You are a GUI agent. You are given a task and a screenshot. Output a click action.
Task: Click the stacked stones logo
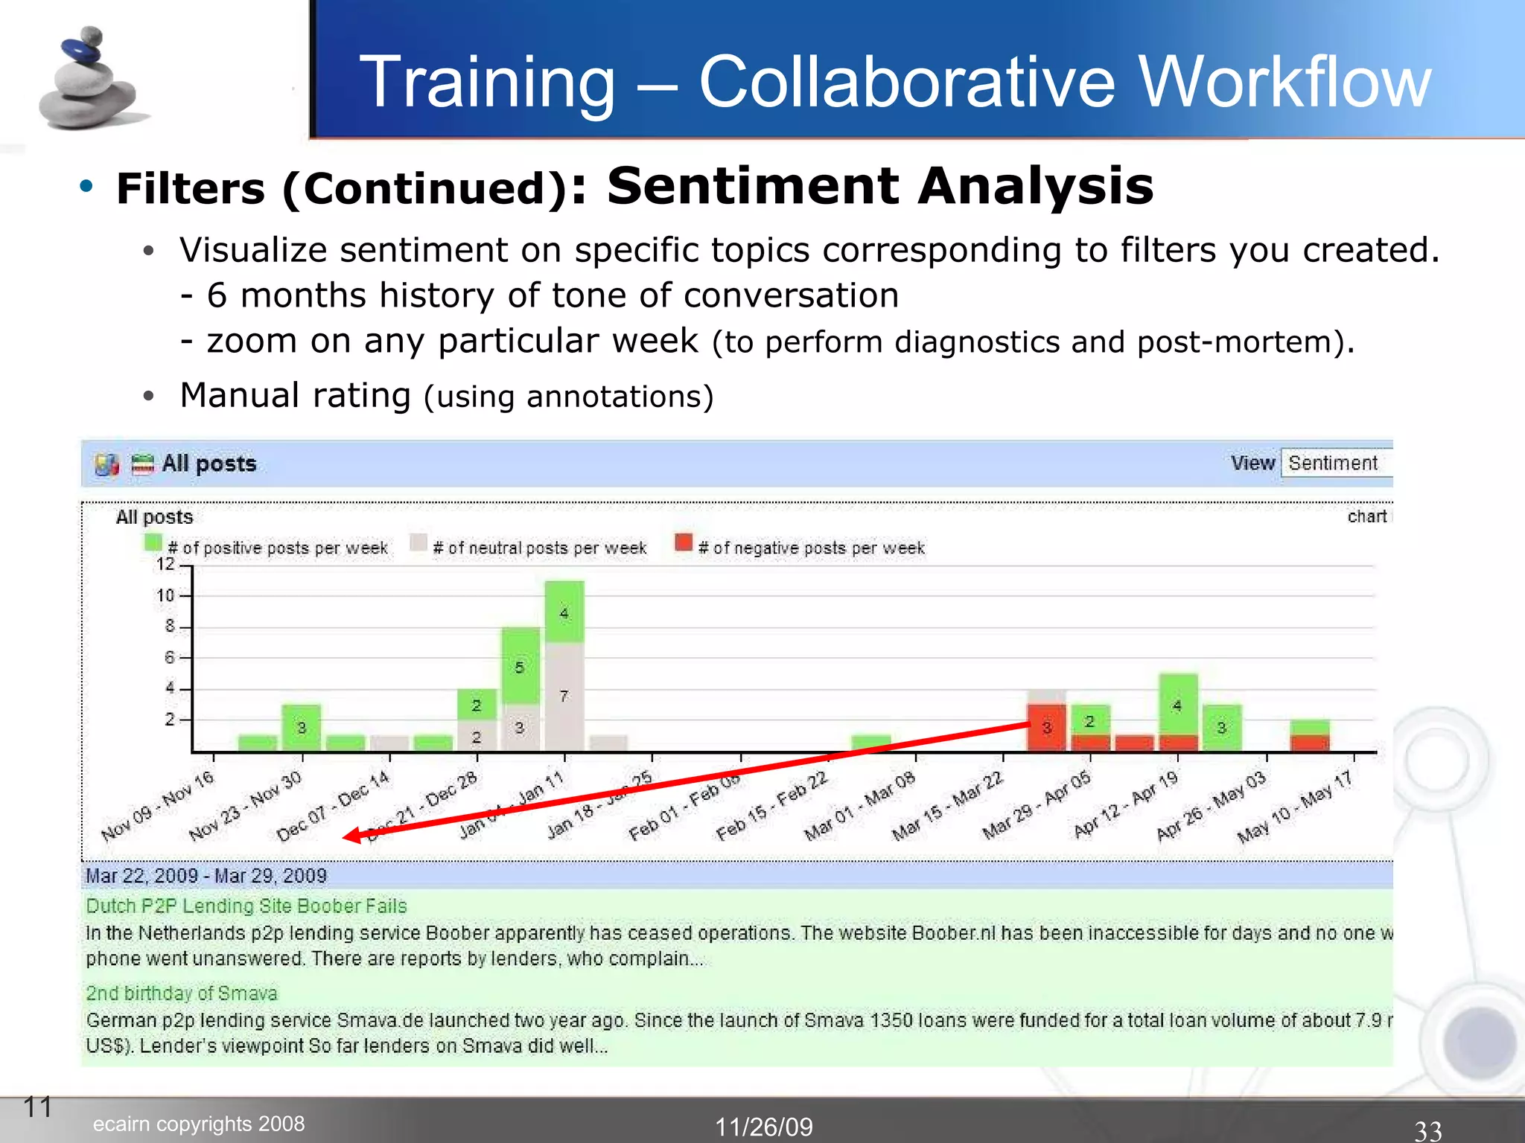(x=89, y=80)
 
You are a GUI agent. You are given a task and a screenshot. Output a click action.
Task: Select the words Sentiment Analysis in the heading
(x=879, y=186)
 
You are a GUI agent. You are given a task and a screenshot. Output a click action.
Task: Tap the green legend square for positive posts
(x=153, y=542)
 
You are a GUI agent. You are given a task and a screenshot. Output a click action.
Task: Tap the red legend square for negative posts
(x=683, y=542)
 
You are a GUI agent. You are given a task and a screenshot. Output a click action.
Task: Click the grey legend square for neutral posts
(x=418, y=542)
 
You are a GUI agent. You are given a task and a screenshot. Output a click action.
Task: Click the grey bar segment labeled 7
(x=564, y=697)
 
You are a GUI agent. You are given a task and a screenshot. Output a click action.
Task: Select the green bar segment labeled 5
(x=520, y=666)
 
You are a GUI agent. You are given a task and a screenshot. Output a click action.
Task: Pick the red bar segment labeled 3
(x=1046, y=727)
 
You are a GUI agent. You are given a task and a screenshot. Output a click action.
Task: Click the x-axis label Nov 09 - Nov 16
(x=158, y=806)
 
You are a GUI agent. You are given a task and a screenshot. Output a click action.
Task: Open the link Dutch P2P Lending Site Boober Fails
(x=246, y=906)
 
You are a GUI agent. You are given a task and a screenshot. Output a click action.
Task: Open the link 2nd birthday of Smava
(x=182, y=993)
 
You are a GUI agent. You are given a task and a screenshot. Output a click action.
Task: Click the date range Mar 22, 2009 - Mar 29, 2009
(x=206, y=876)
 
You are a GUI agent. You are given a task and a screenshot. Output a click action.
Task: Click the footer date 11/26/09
(x=764, y=1127)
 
